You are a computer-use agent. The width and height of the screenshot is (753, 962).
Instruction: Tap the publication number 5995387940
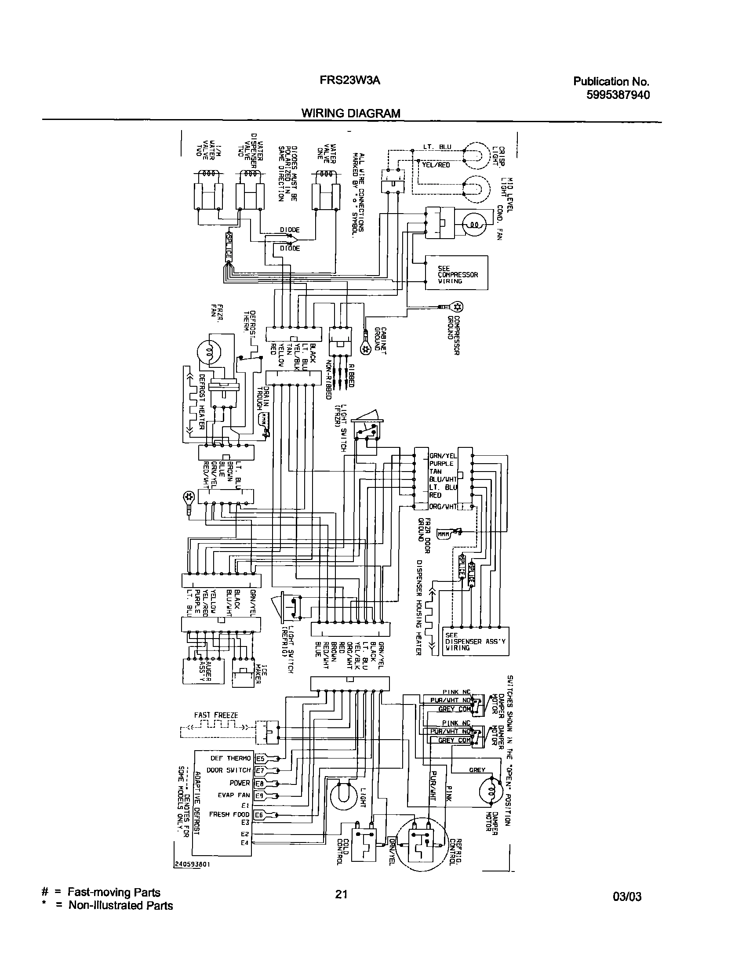pos(618,95)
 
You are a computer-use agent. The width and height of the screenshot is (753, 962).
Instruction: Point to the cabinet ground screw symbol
pos(365,349)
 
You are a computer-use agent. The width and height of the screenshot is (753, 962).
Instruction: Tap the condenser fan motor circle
pos(474,225)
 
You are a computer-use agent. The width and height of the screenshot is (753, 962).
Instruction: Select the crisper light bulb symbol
pos(477,155)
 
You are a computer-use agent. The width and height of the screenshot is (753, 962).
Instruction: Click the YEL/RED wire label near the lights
pos(436,165)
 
